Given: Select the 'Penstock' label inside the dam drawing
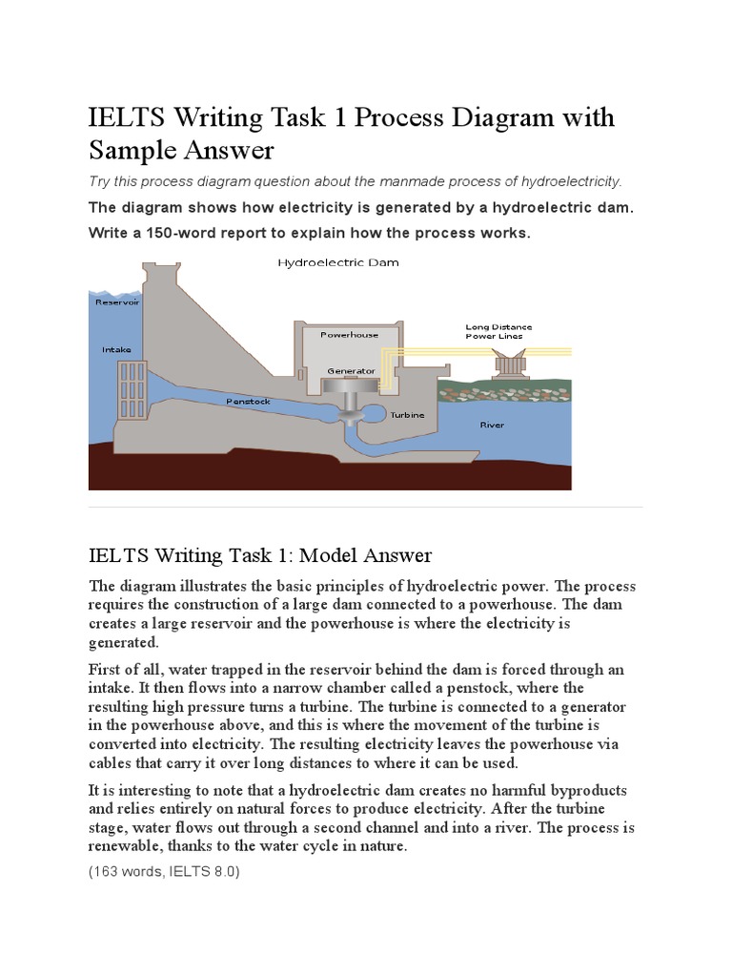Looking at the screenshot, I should tap(248, 402).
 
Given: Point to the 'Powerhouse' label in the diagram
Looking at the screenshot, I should tap(349, 335).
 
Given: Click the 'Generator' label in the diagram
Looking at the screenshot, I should tap(344, 370).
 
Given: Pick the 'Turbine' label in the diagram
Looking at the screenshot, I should tap(407, 416).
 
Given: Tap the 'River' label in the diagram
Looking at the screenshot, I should tap(491, 425).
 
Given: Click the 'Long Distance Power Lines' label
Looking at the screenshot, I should tap(498, 331).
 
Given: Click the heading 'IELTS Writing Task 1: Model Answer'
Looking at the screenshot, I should tap(260, 554).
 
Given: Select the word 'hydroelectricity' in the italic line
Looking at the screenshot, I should tap(570, 181).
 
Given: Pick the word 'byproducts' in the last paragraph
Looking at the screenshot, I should tap(591, 793).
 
